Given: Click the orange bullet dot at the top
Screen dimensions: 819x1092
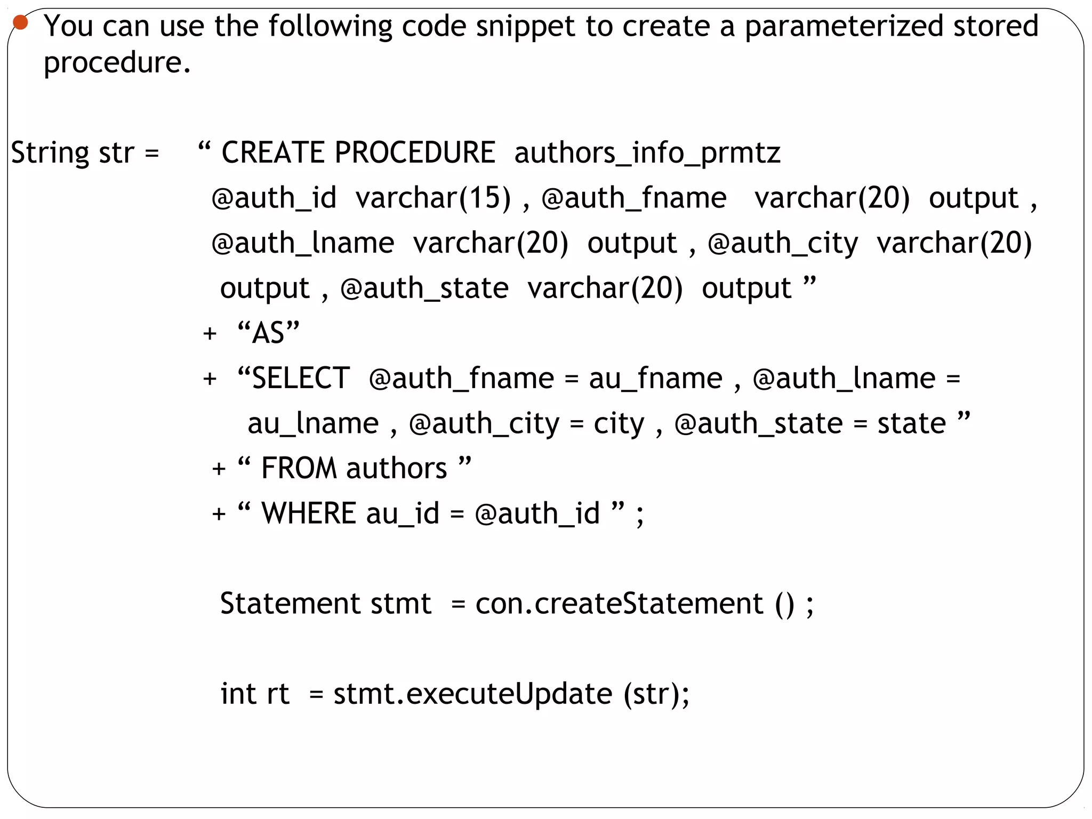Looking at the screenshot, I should point(20,22).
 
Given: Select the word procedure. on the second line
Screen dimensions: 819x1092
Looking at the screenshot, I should point(117,63).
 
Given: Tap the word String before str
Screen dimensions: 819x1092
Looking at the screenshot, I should point(50,153).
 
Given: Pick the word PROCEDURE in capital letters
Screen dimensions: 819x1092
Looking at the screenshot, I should point(415,152).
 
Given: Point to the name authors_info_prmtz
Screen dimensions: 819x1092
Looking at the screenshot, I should point(647,154).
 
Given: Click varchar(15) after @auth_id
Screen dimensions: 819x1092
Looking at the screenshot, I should point(433,198).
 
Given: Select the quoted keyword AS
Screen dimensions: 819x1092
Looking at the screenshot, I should point(268,333).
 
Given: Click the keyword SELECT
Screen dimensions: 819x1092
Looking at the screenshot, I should point(300,379).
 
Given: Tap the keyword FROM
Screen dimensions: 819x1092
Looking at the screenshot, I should point(299,469).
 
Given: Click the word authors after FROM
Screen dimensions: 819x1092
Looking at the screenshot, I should point(396,469).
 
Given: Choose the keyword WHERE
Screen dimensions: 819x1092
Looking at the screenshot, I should point(308,513).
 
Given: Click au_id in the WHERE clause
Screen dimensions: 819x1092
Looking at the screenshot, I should point(403,514).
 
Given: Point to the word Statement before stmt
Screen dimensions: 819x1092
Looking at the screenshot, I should point(290,604).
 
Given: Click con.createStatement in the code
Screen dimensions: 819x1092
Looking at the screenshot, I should point(619,604).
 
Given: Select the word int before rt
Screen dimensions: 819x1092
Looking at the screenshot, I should point(238,694).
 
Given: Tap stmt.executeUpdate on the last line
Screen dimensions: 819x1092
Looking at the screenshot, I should point(472,694).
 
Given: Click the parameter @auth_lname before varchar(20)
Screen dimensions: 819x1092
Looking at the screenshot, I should point(302,244).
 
